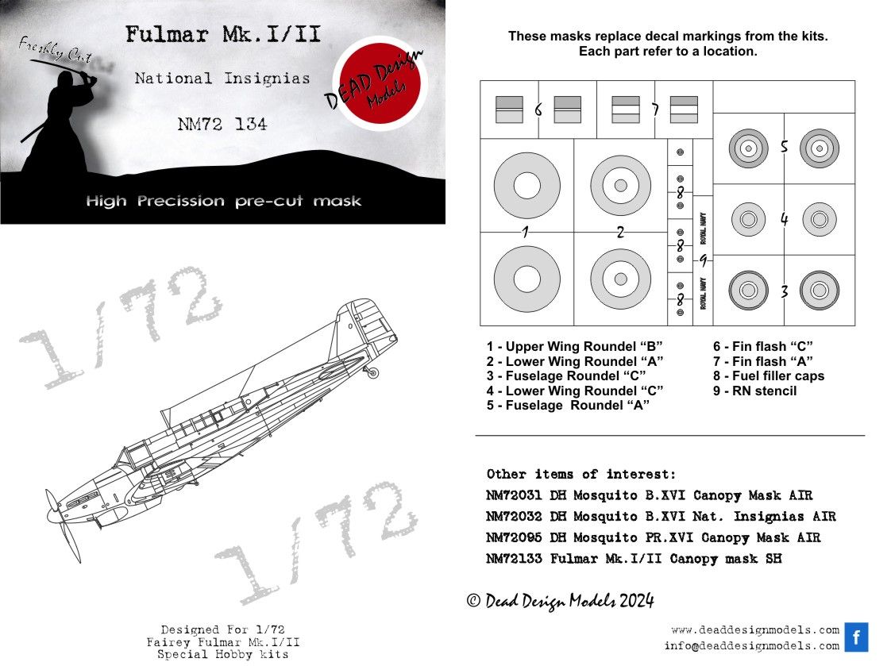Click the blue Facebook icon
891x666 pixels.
point(856,637)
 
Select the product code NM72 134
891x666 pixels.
point(222,124)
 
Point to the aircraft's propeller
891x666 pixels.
point(61,524)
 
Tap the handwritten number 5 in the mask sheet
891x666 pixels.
point(783,148)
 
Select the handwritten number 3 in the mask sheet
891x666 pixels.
point(783,291)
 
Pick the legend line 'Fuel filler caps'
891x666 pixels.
point(769,375)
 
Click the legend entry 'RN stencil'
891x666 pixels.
point(754,391)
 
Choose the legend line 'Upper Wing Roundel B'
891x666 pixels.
point(574,347)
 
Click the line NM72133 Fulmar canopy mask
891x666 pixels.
point(634,559)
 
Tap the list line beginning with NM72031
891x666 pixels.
point(649,495)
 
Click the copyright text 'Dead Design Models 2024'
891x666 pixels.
point(560,601)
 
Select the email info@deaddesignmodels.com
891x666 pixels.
point(751,646)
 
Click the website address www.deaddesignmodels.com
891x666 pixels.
point(754,629)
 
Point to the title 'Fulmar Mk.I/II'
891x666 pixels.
point(222,36)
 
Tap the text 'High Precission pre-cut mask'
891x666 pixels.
point(223,201)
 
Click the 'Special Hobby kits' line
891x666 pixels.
point(222,654)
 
